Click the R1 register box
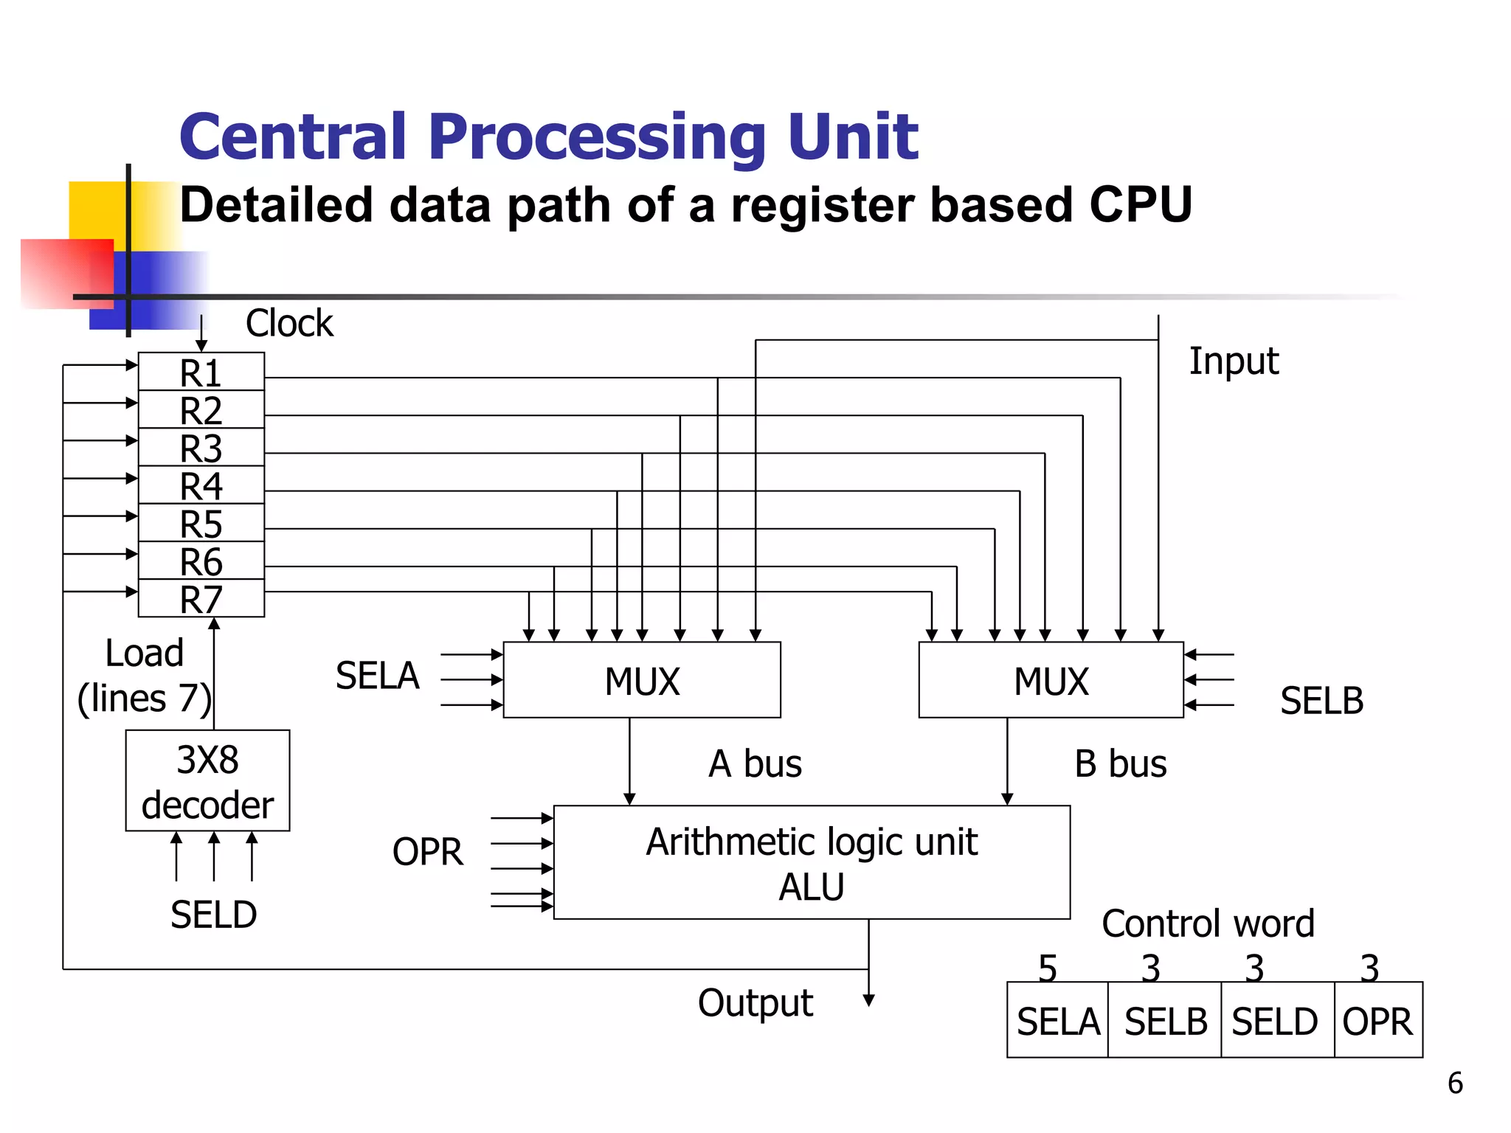(x=201, y=372)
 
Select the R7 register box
(x=201, y=599)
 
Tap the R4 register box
(x=201, y=485)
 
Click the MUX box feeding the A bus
(x=641, y=679)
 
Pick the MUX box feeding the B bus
(x=1051, y=679)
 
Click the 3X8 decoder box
(x=207, y=780)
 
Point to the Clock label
(x=289, y=323)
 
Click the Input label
(x=1234, y=361)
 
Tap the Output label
(x=755, y=1003)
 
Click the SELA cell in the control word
(x=1058, y=1021)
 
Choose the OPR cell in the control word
(x=1377, y=1021)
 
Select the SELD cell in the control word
(x=1275, y=1021)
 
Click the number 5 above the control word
(x=1048, y=967)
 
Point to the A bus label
(x=755, y=763)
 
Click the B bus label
(x=1120, y=763)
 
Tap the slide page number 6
(x=1455, y=1083)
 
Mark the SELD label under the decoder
(x=213, y=915)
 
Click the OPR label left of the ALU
(x=428, y=851)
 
